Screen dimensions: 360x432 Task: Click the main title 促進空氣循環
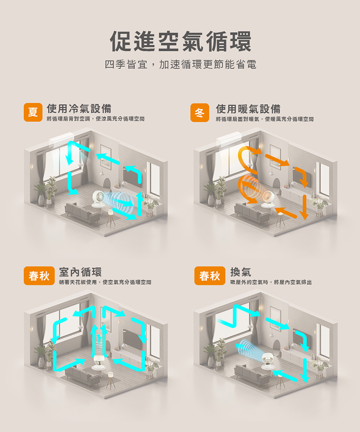(180, 41)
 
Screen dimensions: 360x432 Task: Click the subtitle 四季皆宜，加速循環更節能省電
(180, 64)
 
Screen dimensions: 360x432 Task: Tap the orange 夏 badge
(33, 112)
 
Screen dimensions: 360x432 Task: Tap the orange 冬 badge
(200, 112)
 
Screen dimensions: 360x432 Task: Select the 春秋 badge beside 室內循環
(39, 276)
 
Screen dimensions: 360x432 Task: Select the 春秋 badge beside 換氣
(210, 276)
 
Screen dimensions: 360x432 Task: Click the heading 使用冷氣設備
(79, 108)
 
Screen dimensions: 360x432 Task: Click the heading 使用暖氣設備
(248, 109)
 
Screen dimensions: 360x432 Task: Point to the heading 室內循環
(80, 272)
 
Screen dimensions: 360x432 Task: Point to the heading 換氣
(240, 272)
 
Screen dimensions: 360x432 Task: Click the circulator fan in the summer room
(98, 198)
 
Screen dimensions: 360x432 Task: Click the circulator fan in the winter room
(267, 199)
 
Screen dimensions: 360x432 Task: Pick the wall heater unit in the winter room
(229, 139)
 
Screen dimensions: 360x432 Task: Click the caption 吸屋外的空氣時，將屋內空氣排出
(271, 282)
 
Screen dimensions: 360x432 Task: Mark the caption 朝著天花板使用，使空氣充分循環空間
(105, 282)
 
